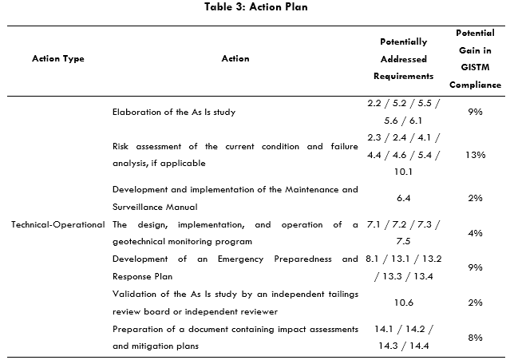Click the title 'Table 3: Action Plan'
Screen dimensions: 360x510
click(255, 8)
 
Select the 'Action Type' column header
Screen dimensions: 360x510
click(57, 58)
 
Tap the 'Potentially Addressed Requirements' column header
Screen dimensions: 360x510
click(403, 59)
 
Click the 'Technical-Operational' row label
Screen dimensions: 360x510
click(57, 224)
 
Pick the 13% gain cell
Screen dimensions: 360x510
click(475, 155)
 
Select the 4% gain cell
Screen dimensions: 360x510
click(475, 233)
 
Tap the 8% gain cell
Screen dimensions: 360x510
click(475, 338)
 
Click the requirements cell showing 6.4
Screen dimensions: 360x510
click(403, 198)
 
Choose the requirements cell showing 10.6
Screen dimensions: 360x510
click(403, 303)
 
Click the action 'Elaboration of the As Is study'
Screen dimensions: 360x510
click(174, 112)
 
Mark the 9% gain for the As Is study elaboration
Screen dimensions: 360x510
click(475, 112)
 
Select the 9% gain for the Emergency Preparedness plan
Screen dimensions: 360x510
click(475, 267)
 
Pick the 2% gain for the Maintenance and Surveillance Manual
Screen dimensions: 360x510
click(475, 198)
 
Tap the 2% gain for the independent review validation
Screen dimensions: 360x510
click(475, 303)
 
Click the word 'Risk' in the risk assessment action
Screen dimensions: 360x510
click(122, 147)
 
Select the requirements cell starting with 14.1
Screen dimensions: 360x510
click(403, 338)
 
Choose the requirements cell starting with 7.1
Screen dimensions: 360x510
click(403, 232)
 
